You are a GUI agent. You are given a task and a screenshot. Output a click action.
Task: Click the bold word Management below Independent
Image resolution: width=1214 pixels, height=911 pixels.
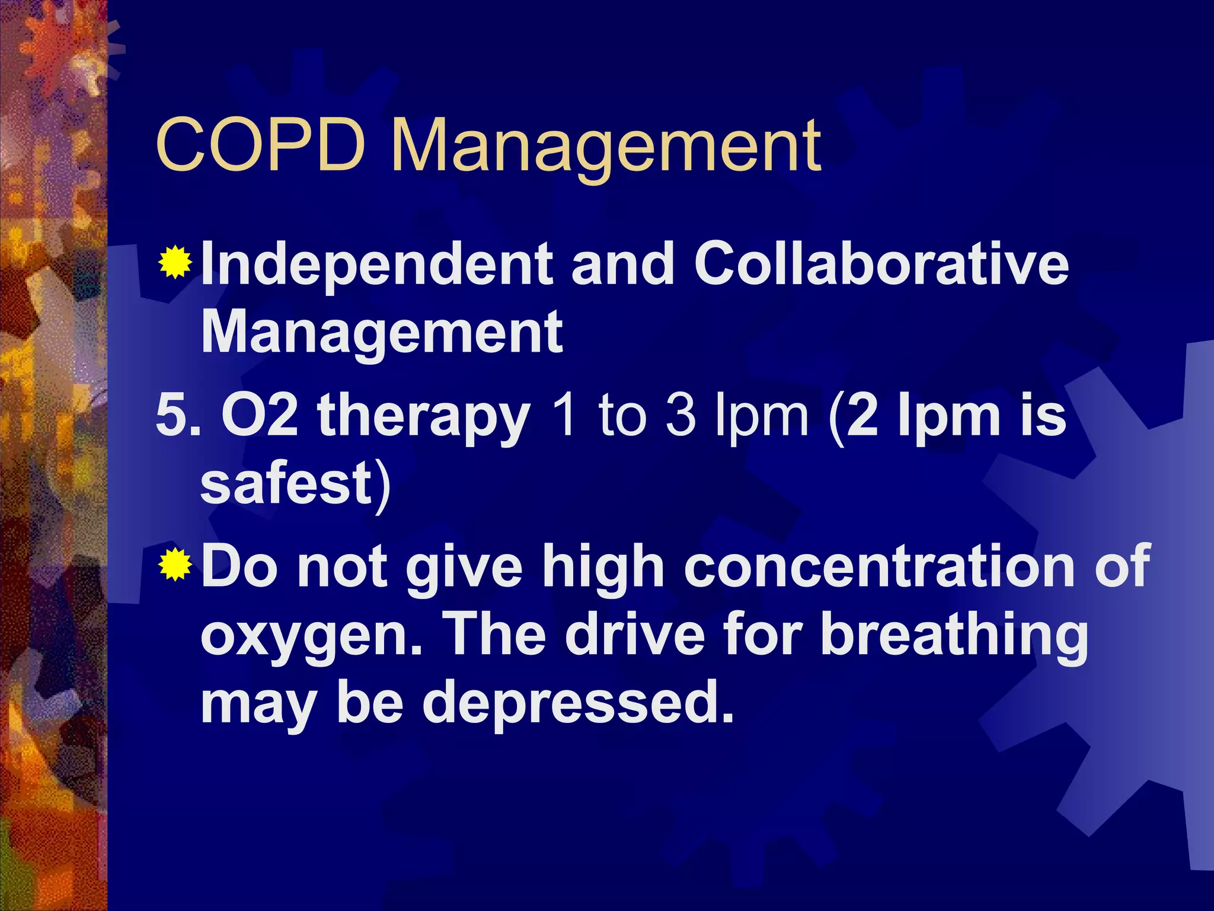pos(382,332)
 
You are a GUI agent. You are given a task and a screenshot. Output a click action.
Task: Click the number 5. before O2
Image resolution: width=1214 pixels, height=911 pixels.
pos(177,415)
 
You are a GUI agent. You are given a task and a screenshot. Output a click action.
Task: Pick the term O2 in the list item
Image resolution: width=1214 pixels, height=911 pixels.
pos(259,415)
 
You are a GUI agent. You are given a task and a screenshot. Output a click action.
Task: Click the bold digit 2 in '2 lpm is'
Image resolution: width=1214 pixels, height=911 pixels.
pos(862,415)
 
